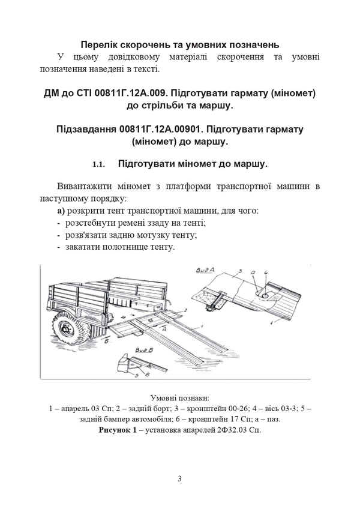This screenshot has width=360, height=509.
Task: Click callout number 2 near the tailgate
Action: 186,310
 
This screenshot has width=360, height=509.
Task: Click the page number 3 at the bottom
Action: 179,478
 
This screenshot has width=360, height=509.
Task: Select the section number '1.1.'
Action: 99,163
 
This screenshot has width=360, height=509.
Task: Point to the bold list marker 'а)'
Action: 62,211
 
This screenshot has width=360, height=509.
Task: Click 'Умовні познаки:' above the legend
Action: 179,397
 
